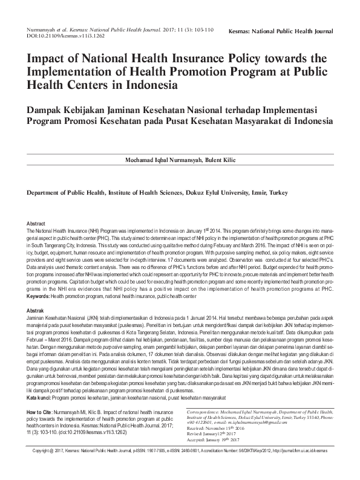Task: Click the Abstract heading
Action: pyautogui.click(x=36, y=224)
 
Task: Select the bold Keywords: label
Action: pyautogui.click(x=38, y=296)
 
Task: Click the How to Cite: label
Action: pyautogui.click(x=44, y=412)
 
